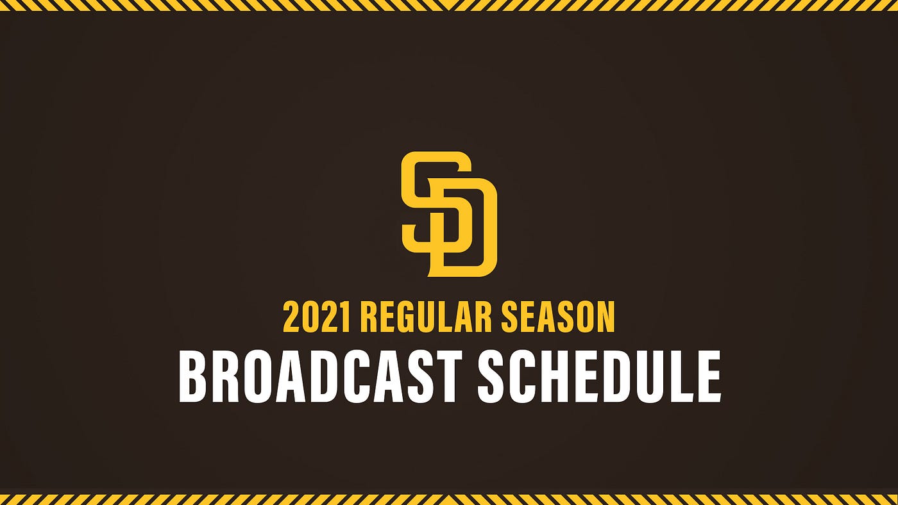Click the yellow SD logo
[x=449, y=214]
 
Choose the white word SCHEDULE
[x=599, y=377]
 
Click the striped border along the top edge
[x=449, y=5]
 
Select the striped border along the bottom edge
[x=449, y=499]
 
